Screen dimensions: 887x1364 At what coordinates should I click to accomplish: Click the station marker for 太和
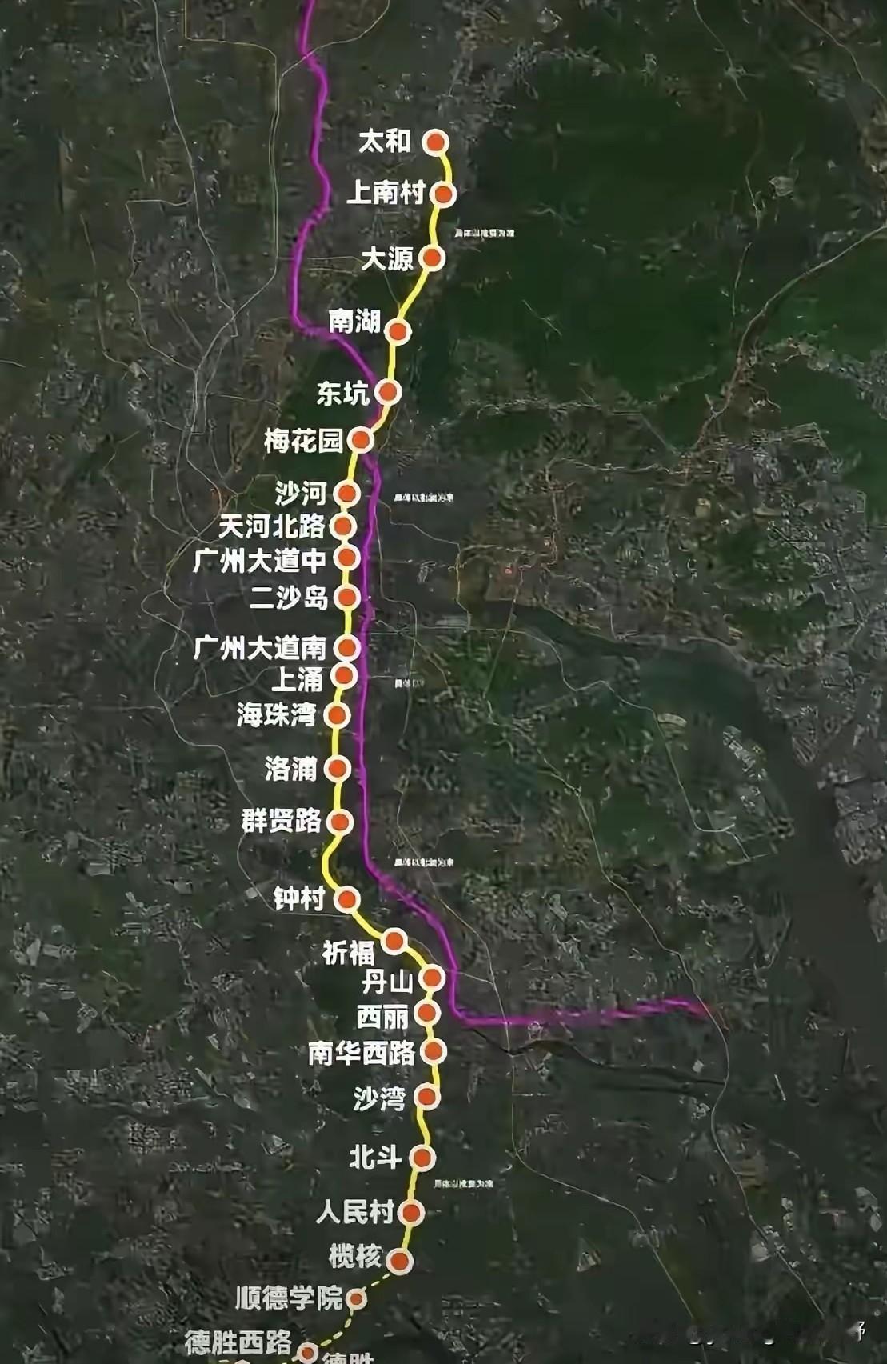coord(435,142)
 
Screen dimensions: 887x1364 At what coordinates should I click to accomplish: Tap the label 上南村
coord(385,193)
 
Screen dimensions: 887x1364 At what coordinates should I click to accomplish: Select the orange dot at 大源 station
coord(432,258)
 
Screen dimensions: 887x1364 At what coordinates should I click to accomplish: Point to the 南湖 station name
coord(354,322)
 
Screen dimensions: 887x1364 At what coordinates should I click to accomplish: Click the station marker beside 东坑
coord(388,392)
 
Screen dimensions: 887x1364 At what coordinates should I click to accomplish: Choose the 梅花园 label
coord(304,441)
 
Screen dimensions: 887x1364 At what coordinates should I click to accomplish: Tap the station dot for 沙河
coord(347,494)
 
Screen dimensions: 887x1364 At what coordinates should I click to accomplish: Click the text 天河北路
coord(272,526)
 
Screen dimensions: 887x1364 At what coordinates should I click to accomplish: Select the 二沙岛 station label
coord(289,597)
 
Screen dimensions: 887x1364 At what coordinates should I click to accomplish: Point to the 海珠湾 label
coord(277,714)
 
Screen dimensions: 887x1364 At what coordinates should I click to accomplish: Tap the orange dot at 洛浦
coord(338,769)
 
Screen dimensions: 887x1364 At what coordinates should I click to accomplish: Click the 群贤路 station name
coord(282,821)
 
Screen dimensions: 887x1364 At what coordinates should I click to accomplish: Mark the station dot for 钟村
coord(347,900)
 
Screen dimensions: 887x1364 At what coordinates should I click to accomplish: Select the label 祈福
coord(348,952)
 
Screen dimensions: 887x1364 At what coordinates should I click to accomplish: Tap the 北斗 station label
coord(375,1157)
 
